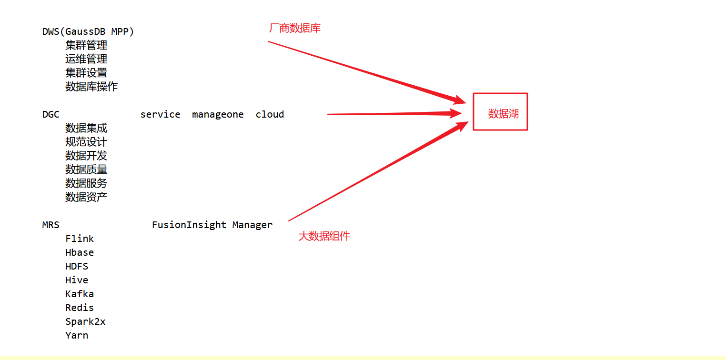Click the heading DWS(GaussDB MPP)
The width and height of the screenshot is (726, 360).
[88, 32]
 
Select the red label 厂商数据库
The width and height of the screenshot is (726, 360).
[295, 29]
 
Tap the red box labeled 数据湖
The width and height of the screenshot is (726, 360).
[500, 112]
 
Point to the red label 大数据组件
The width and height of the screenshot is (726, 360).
[324, 236]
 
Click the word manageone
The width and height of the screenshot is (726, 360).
[218, 115]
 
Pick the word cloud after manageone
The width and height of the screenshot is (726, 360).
[270, 115]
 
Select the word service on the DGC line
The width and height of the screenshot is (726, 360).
[160, 115]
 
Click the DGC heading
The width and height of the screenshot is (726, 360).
[50, 115]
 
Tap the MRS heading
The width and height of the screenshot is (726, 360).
[50, 225]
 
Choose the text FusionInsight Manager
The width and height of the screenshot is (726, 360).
[212, 225]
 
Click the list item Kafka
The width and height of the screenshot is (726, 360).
[80, 294]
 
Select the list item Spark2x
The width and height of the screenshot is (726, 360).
[85, 322]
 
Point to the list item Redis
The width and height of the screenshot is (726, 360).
[80, 308]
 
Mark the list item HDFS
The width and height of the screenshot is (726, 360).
[77, 267]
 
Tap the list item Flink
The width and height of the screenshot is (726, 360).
[80, 239]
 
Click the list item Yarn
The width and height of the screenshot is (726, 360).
[77, 336]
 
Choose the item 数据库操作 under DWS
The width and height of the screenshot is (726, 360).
[91, 87]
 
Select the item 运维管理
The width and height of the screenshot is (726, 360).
[86, 59]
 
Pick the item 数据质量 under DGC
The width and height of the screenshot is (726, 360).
[86, 170]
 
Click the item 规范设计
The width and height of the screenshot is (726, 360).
[86, 142]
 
